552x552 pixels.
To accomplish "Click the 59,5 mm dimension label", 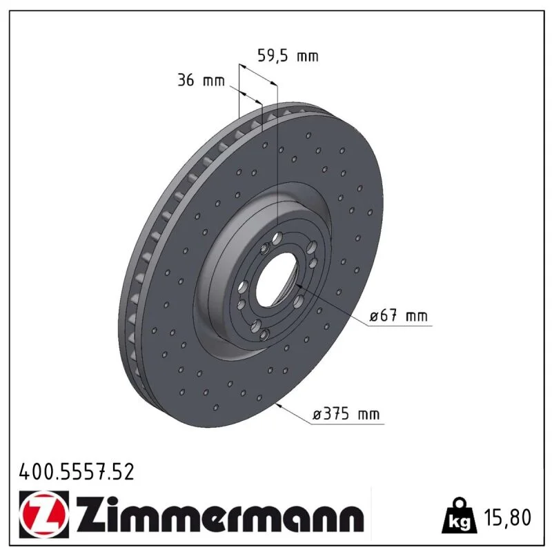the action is (288, 56).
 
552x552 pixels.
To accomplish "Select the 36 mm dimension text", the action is (201, 80).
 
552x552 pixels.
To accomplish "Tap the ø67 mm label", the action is (399, 315).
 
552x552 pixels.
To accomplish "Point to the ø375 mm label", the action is (346, 413).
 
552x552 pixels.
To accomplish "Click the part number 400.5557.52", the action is (77, 472).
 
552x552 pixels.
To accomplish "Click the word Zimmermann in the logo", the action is (220, 514).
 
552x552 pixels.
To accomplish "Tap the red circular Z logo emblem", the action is (44, 515).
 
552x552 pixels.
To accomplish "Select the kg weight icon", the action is (459, 515).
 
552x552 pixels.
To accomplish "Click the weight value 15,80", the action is (507, 517).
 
